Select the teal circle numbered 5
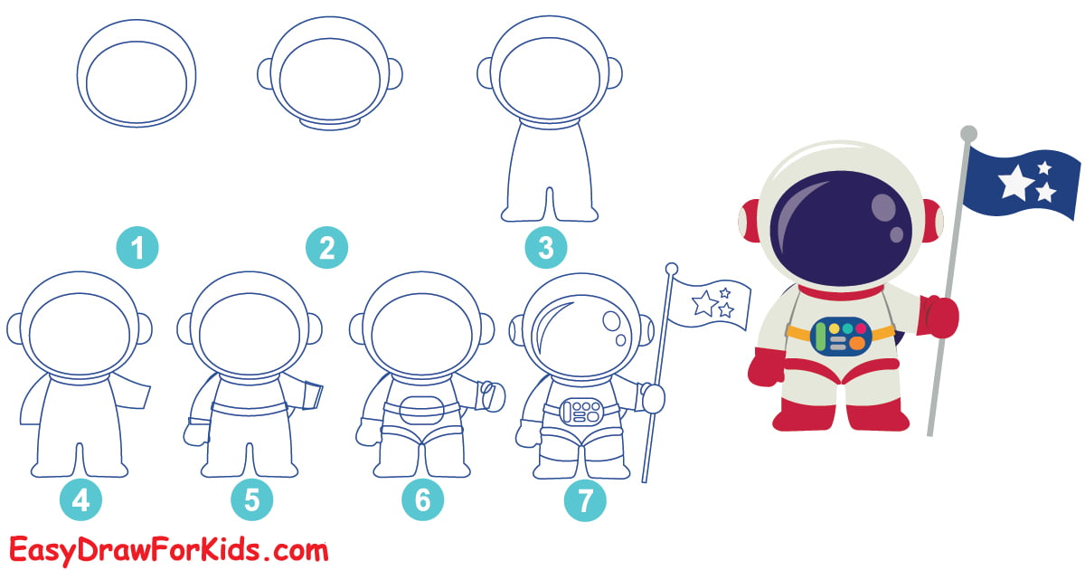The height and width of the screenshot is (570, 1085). [x=251, y=500]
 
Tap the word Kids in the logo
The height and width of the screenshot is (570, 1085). [x=246, y=549]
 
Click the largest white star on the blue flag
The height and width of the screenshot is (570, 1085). [x=1016, y=183]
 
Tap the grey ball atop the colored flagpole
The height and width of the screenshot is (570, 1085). [x=968, y=134]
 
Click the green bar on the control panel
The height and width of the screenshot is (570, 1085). [x=819, y=336]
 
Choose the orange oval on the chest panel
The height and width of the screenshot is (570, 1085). [x=856, y=344]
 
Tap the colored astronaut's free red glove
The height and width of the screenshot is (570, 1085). [x=765, y=370]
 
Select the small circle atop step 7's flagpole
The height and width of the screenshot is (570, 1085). [x=671, y=269]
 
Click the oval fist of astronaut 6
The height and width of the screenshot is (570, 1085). [x=490, y=394]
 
